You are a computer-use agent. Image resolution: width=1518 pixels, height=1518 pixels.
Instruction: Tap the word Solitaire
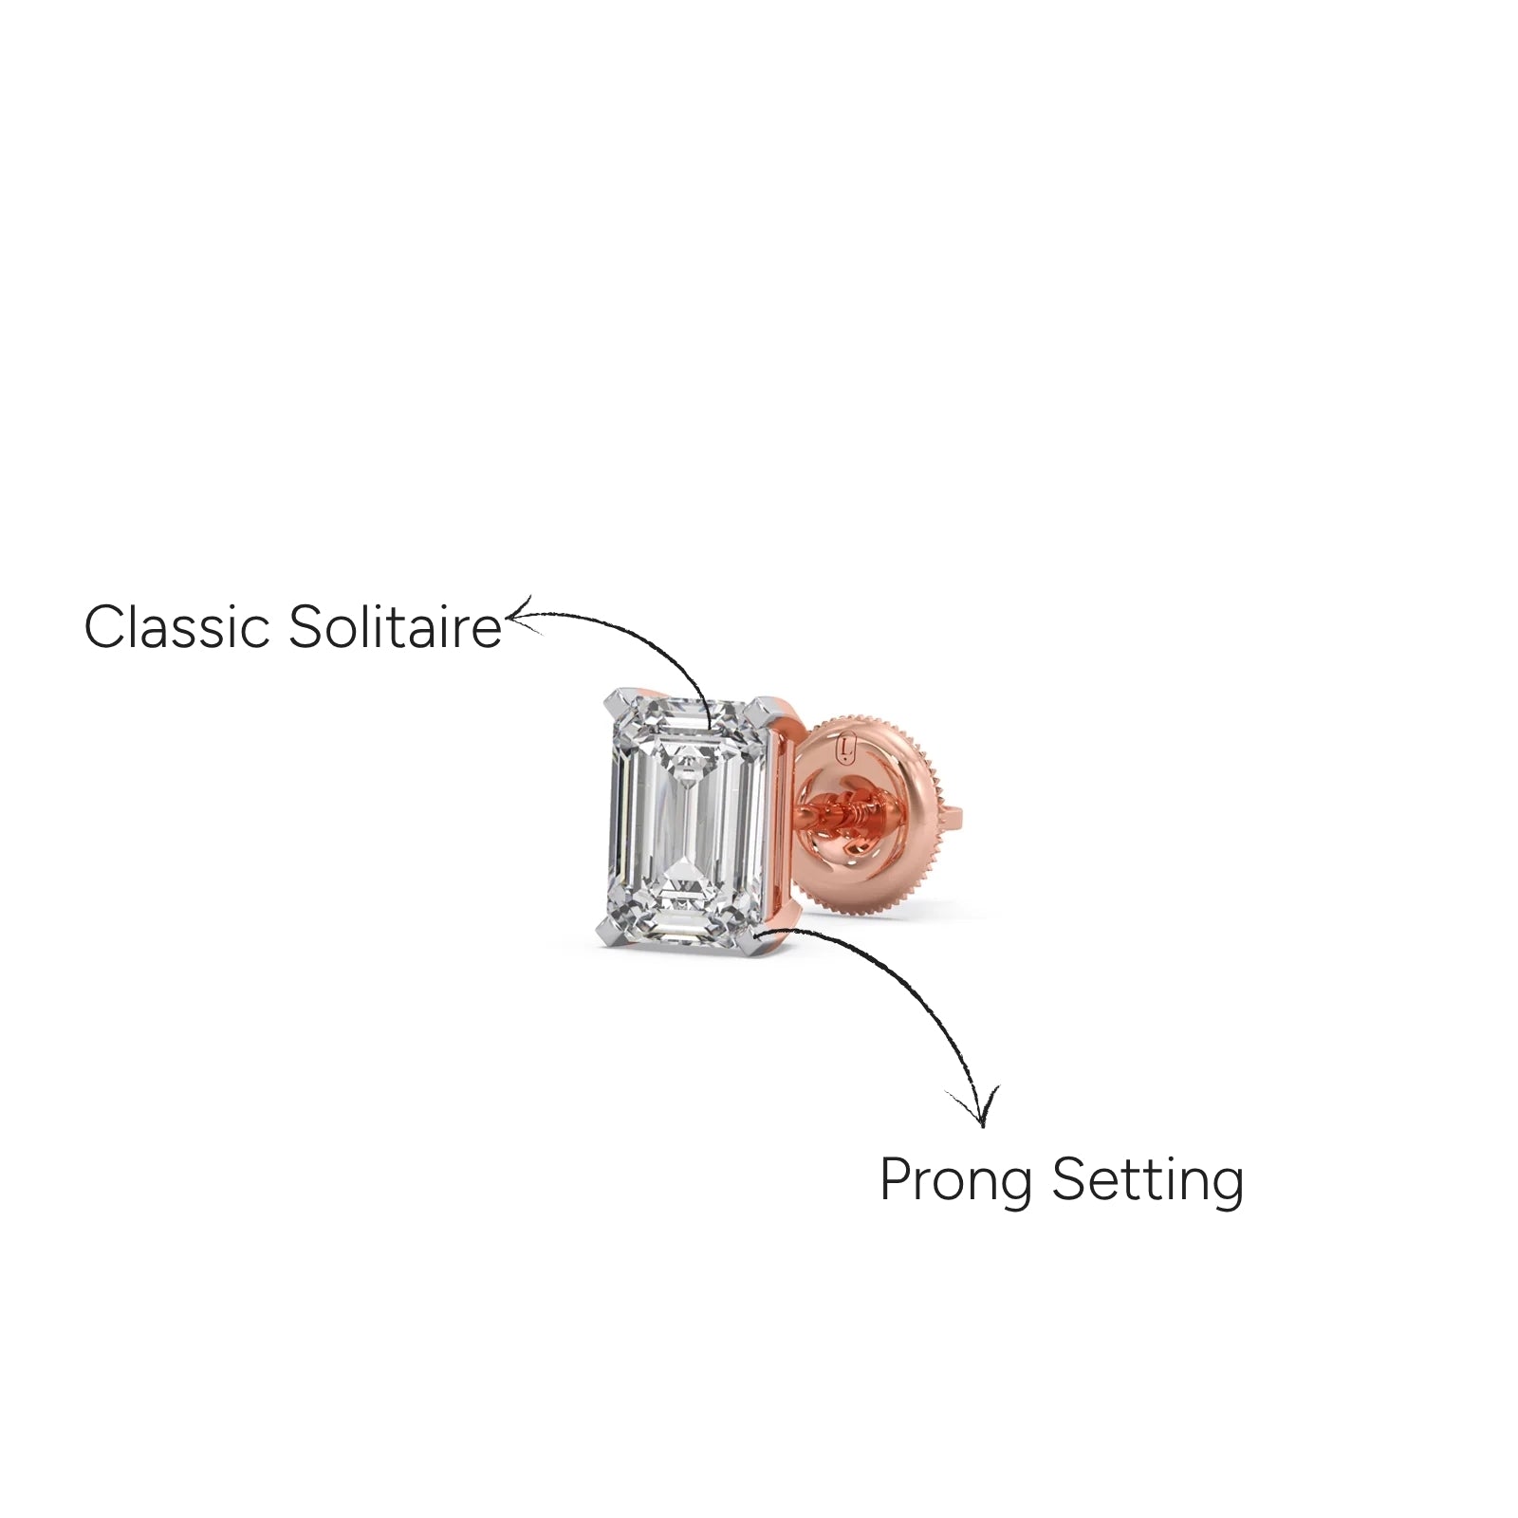point(395,627)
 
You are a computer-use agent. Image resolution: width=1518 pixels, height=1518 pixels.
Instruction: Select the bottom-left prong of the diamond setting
point(611,934)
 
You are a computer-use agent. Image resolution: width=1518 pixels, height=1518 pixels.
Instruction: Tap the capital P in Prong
point(897,1178)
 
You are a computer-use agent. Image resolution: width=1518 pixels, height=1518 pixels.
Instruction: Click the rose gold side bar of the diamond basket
point(782,825)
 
